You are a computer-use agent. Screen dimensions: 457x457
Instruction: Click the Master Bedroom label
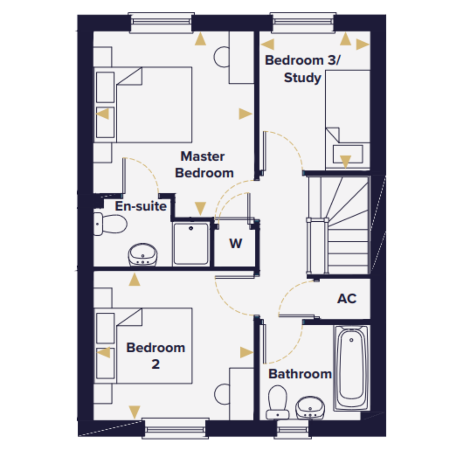tap(204, 165)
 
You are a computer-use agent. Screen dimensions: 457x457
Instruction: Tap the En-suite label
tap(141, 206)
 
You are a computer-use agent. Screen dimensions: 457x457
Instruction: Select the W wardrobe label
tap(235, 244)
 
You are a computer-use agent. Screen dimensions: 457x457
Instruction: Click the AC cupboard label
tap(347, 299)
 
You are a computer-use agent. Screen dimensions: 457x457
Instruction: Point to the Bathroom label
tap(300, 374)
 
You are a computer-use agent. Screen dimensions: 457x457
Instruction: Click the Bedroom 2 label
tap(156, 356)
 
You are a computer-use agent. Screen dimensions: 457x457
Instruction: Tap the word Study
tap(303, 78)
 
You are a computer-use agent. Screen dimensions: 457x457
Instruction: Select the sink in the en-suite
tap(143, 255)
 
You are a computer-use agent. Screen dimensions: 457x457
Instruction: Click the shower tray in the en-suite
tap(191, 244)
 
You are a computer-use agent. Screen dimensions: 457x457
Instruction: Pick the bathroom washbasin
tap(310, 407)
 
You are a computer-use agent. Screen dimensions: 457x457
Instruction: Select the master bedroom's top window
tap(161, 23)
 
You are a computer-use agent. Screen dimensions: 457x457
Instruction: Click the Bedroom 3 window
tap(303, 23)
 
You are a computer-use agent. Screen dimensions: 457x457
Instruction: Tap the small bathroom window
tap(292, 429)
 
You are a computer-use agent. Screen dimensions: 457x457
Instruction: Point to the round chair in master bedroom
tap(222, 57)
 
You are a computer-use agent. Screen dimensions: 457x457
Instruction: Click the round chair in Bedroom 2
tap(222, 394)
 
